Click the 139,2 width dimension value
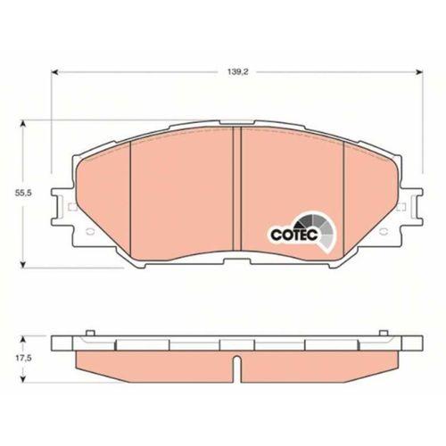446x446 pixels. [x=237, y=72]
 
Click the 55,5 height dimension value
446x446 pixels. [x=23, y=193]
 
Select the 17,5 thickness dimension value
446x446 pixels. [x=23, y=359]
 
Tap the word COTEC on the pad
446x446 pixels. [x=294, y=235]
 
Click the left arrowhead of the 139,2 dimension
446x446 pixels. [x=54, y=72]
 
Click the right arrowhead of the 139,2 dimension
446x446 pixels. [x=419, y=72]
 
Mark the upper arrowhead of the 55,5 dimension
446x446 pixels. [x=23, y=124]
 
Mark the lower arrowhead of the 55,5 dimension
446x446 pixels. [x=23, y=264]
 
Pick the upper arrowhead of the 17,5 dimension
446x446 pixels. [x=23, y=340]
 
